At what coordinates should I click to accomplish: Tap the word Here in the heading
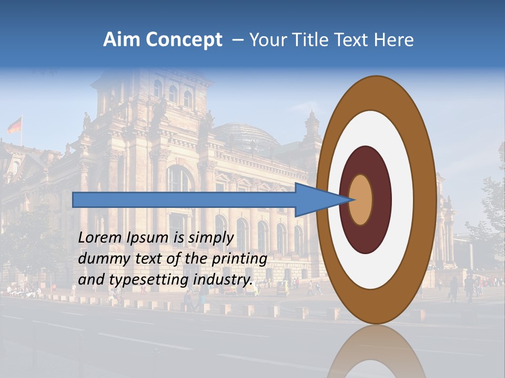pyautogui.click(x=394, y=40)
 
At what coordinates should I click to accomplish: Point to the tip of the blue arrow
pyautogui.click(x=355, y=199)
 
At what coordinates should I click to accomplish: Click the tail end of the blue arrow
pyautogui.click(x=74, y=199)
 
